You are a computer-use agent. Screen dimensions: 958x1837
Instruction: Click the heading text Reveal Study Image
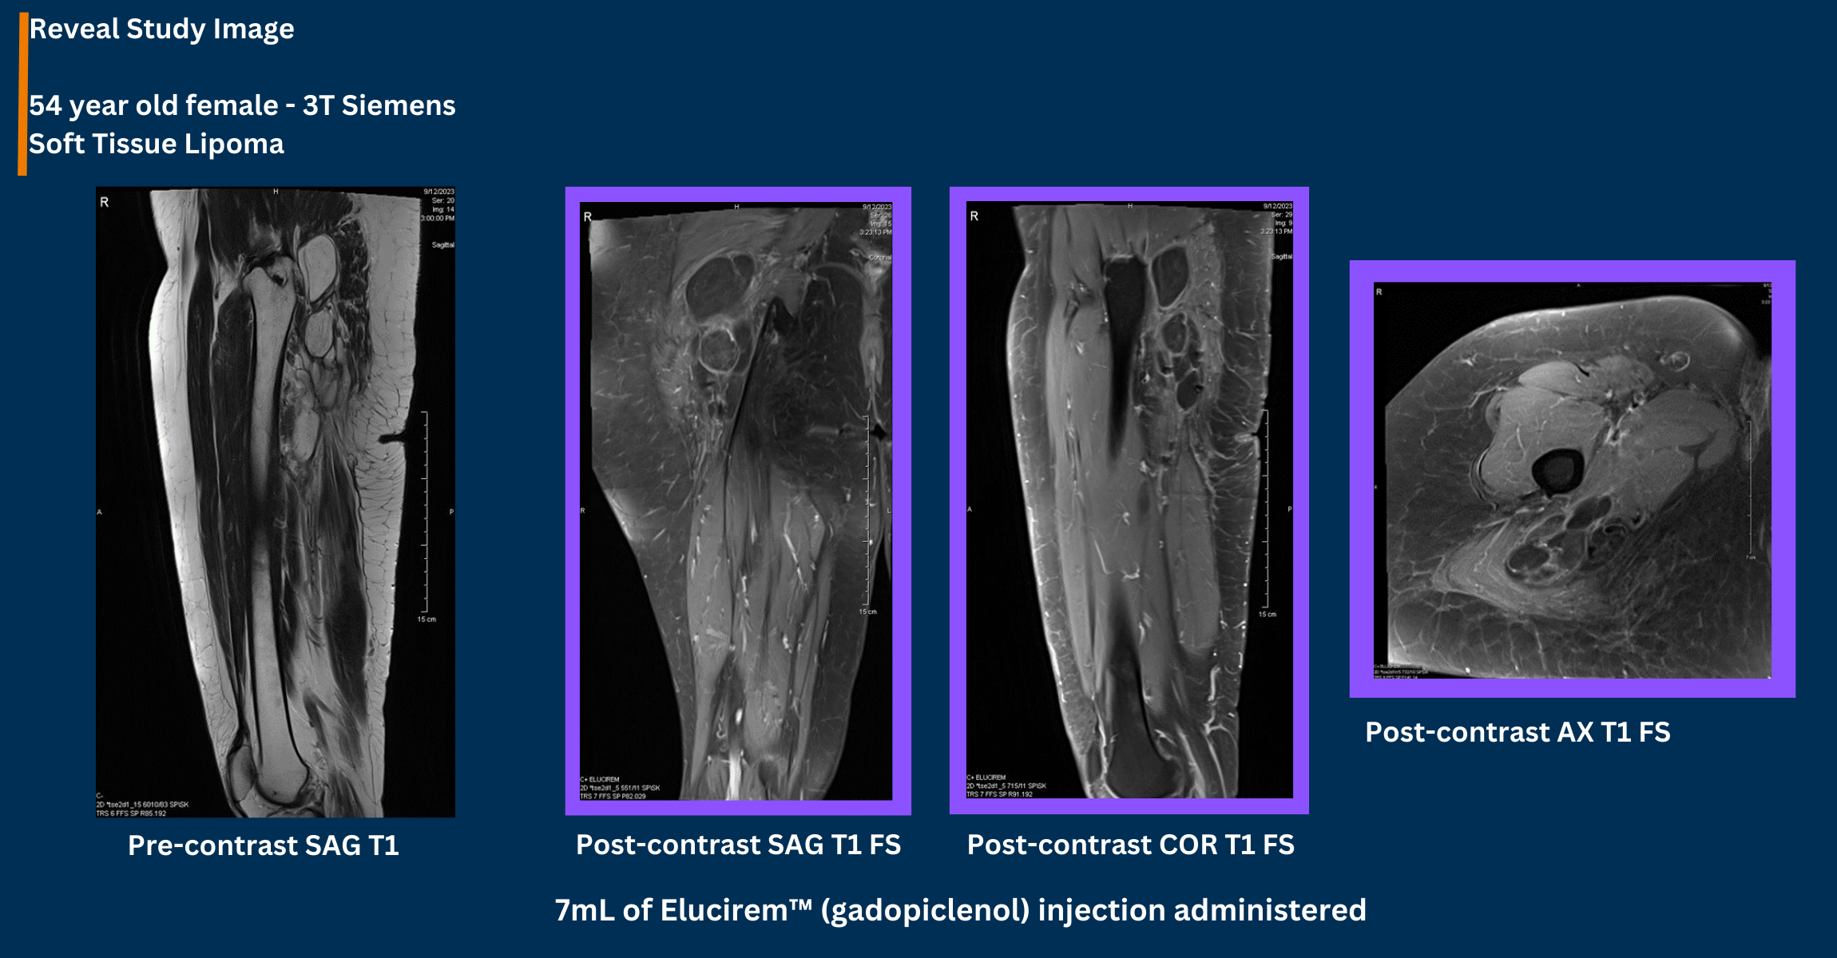[161, 30]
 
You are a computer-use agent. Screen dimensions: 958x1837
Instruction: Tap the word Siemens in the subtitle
[399, 105]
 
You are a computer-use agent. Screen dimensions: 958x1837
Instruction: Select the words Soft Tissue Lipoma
[157, 144]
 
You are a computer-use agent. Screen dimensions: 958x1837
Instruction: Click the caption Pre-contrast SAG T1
[264, 845]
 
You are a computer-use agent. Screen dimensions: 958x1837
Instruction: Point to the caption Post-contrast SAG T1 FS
[738, 845]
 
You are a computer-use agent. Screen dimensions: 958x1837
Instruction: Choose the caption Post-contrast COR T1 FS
[1130, 845]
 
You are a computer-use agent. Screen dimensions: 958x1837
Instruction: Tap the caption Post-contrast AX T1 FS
[1518, 732]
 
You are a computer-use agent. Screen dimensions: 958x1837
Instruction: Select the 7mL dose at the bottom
[584, 910]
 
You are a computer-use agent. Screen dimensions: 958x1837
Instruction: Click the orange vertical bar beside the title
[23, 93]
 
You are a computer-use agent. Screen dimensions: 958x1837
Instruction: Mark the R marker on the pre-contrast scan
[105, 203]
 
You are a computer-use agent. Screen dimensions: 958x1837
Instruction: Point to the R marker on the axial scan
[1379, 292]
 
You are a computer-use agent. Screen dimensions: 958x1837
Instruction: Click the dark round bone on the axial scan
[1556, 470]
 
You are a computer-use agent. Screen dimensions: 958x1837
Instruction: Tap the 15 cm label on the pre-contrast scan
[427, 620]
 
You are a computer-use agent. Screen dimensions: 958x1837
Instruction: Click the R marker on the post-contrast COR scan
[974, 216]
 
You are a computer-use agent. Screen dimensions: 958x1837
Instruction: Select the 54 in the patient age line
[45, 105]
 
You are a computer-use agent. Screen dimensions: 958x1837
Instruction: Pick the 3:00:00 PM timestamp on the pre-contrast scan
[438, 218]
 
